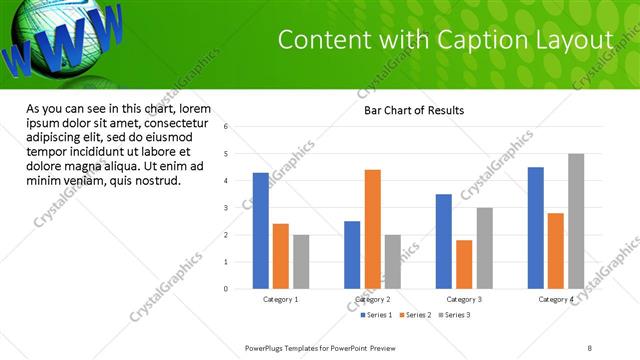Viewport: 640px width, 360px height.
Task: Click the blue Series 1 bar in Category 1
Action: click(x=261, y=231)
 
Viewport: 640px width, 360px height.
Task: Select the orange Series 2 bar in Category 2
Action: click(x=372, y=229)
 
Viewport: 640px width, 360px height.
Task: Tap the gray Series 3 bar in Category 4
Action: click(x=576, y=221)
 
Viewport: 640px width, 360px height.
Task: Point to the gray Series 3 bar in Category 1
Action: click(x=301, y=262)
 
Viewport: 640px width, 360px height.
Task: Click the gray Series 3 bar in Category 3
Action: click(x=484, y=248)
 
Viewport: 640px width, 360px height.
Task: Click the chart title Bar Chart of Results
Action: click(x=413, y=111)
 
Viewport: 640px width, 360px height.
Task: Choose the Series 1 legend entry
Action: click(x=376, y=315)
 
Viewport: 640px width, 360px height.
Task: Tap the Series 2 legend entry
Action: click(x=415, y=315)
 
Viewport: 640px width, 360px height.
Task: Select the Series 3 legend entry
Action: click(x=453, y=315)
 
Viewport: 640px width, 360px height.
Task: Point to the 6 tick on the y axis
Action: click(x=227, y=127)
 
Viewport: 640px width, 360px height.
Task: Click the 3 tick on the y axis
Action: click(x=227, y=208)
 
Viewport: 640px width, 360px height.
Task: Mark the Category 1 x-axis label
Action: click(x=281, y=299)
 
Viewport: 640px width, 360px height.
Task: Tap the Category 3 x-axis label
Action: click(x=464, y=299)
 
